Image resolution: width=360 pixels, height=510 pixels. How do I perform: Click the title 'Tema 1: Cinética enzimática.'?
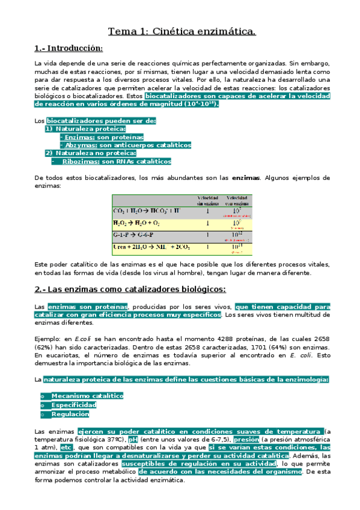pos(181,31)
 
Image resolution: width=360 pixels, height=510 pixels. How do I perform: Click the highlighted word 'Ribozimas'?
pos(81,161)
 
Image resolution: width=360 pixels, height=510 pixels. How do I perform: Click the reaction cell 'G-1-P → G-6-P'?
pos(136,235)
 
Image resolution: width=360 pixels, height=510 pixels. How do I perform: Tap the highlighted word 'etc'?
pos(67,448)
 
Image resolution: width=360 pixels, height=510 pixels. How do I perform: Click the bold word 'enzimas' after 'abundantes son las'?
pos(246,178)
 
